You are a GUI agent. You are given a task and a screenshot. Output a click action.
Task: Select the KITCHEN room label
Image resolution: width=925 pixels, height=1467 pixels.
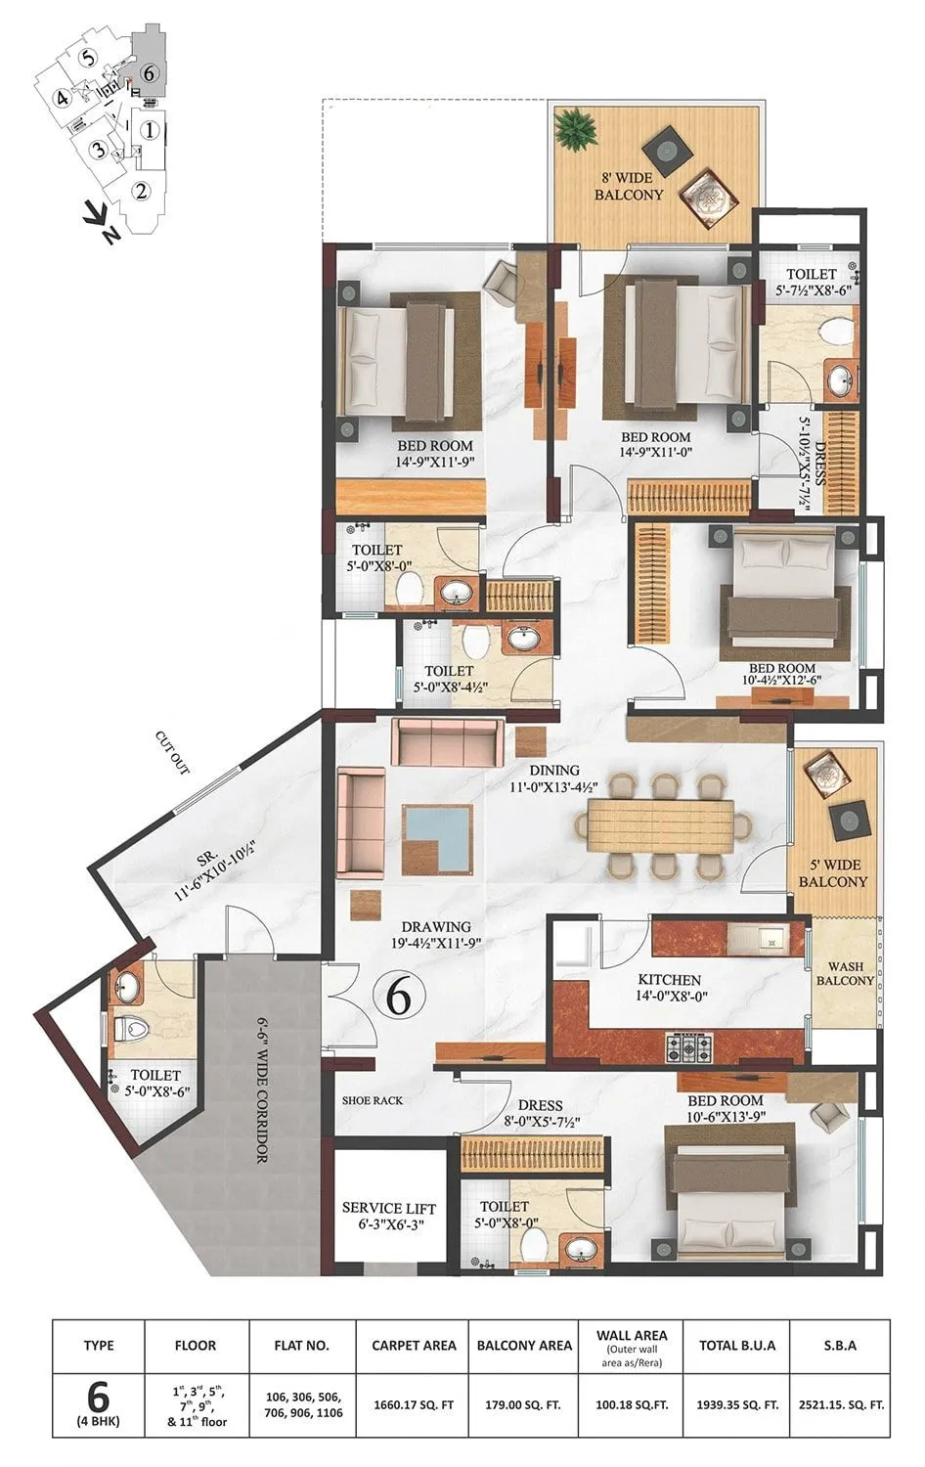click(669, 979)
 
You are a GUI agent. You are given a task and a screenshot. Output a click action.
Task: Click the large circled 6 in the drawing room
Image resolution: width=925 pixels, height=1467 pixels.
click(398, 997)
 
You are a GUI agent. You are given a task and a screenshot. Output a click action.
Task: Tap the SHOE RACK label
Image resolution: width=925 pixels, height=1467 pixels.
click(373, 1100)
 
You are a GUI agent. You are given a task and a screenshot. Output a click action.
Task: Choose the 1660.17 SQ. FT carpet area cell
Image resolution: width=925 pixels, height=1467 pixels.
click(414, 1404)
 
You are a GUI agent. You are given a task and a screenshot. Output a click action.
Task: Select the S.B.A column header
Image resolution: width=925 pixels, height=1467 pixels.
click(839, 1345)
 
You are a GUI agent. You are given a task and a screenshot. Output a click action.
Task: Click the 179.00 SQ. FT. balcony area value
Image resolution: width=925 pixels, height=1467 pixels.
click(524, 1404)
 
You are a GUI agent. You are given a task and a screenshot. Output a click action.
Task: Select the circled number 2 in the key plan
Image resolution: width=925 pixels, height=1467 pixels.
click(142, 192)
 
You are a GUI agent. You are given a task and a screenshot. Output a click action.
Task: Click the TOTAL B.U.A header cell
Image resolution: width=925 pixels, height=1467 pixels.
click(737, 1345)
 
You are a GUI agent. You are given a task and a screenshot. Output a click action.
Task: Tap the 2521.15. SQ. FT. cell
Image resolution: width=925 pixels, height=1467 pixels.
click(839, 1404)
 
